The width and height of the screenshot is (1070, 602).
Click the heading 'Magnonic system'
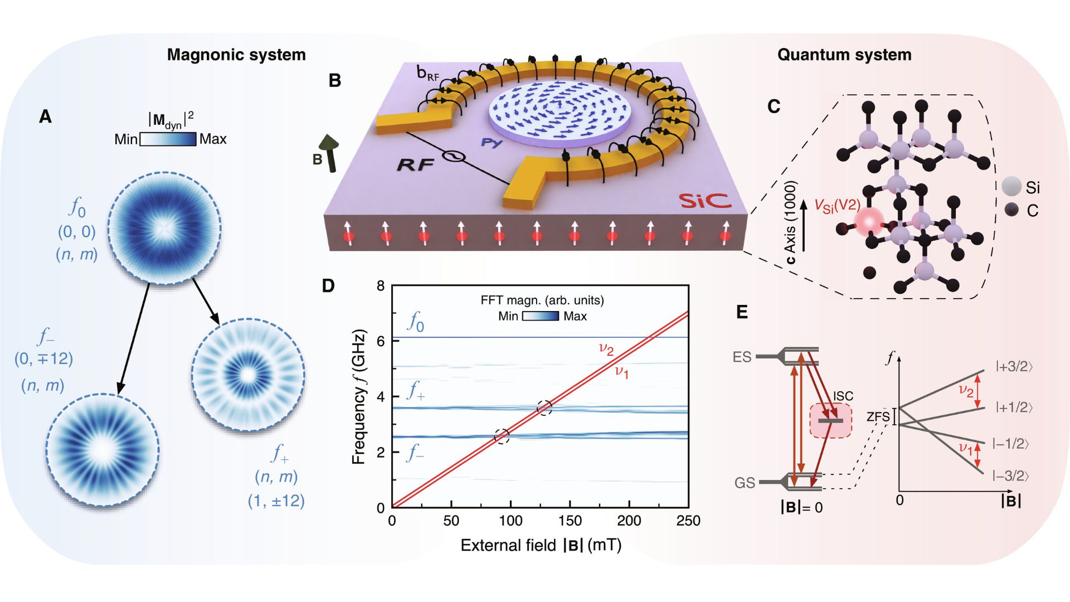236,55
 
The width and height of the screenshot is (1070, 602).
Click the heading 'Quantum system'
844,55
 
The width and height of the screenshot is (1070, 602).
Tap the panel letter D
328,286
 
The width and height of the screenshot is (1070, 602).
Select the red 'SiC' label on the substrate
704,201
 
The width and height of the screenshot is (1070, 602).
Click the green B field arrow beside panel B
330,153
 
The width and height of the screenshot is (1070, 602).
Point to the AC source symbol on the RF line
454,157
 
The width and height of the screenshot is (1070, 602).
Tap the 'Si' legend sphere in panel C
1011,187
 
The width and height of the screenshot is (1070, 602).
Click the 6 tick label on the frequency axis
381,341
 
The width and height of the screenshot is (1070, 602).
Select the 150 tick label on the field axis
570,521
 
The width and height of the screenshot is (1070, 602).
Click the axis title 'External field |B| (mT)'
541,545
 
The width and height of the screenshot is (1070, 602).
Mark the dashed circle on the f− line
502,436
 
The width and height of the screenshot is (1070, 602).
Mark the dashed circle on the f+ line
544,407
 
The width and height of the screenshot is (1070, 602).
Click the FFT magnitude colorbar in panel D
540,316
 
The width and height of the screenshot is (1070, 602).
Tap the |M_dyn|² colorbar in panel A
168,139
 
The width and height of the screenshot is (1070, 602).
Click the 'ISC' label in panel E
843,396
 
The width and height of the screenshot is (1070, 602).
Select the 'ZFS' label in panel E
878,416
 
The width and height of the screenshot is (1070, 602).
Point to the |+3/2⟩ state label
1014,366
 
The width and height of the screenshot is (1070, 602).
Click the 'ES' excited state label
742,357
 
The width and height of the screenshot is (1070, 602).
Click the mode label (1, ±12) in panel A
276,501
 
